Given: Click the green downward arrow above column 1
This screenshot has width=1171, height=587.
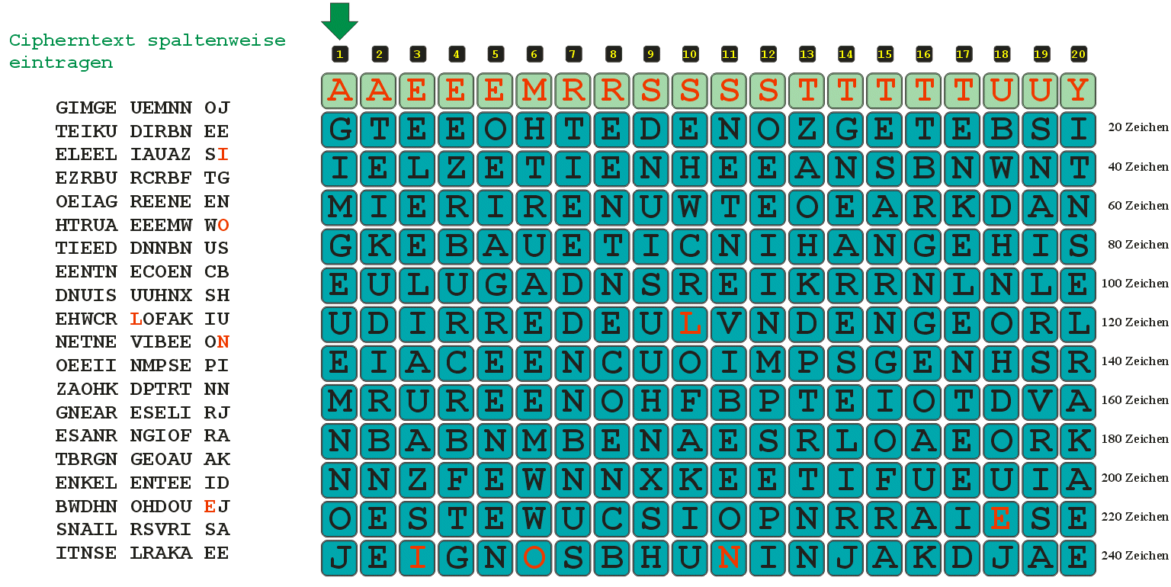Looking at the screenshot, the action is pos(339,21).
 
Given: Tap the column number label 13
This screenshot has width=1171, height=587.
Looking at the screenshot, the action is pos(807,54).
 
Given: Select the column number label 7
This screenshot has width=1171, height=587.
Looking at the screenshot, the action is pos(573,54).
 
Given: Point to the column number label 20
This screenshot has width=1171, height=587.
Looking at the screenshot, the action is pos(1078,54).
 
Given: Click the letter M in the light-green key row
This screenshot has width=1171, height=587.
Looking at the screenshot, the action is pos(534,91).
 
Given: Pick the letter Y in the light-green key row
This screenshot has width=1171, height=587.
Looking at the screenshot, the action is pos(1078,91).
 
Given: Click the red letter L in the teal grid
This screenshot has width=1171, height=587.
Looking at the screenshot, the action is pos(689,324).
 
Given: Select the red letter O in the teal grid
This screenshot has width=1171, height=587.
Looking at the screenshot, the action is pos(534,558).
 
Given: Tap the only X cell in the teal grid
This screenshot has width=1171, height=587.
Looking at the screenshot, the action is pos(651,480).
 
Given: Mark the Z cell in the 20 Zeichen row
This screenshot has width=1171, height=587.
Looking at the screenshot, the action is pos(807,129).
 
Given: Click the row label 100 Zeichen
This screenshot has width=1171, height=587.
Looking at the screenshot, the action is pos(1134,284).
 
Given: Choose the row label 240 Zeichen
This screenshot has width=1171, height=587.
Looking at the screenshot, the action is pos(1134,556).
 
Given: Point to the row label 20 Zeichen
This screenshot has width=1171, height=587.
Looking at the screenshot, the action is pos(1138,127).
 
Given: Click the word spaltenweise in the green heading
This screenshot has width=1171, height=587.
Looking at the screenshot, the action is pos(217,40).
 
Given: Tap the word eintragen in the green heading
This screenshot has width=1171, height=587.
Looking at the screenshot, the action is pos(61,63).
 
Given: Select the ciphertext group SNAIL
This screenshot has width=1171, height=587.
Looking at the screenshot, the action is pos(86,530).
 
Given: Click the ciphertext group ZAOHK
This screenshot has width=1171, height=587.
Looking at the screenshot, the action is pos(87,390).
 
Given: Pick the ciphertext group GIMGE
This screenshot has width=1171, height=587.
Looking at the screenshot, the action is pos(86,107).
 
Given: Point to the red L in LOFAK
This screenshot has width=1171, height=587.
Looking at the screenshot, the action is pos(136,319).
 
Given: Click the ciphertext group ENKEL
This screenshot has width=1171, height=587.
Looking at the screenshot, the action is pos(86,483).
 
